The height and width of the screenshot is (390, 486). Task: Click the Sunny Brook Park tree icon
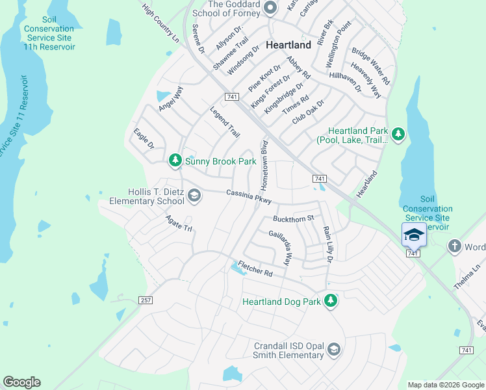(x=175, y=160)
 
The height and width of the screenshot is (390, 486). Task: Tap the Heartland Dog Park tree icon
(x=331, y=300)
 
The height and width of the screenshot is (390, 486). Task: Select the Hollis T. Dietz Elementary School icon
(x=194, y=195)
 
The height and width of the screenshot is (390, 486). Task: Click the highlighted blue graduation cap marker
(x=414, y=235)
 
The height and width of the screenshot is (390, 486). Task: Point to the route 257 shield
(x=146, y=300)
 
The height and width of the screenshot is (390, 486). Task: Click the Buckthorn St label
(x=293, y=218)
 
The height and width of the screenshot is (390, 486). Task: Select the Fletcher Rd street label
(x=255, y=268)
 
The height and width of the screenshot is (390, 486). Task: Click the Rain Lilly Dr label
(x=327, y=244)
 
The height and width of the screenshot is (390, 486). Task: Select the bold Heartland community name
(x=287, y=44)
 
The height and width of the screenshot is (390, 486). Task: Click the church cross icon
(x=454, y=246)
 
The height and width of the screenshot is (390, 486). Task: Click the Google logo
(x=21, y=382)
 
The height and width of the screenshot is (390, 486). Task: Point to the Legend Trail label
(x=225, y=122)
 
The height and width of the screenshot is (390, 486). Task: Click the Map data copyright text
(x=445, y=385)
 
